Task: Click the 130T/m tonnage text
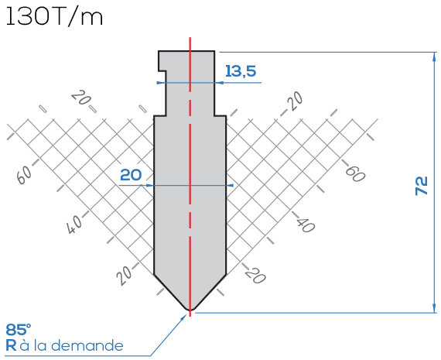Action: coord(54,16)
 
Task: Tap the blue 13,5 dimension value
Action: coord(241,71)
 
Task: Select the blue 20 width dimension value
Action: coord(131,175)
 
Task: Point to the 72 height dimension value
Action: coord(422,186)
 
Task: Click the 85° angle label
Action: coord(19,330)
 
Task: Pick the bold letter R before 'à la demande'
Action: coord(11,345)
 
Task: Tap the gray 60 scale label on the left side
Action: coord(25,175)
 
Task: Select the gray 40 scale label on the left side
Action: coord(75,225)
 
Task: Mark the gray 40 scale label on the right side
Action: coord(305,225)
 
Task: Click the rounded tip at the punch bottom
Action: coord(190,309)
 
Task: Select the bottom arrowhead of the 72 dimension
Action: coord(434,307)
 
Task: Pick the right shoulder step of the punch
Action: coord(220,115)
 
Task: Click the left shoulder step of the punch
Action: coord(159,115)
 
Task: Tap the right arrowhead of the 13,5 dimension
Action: coord(219,83)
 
